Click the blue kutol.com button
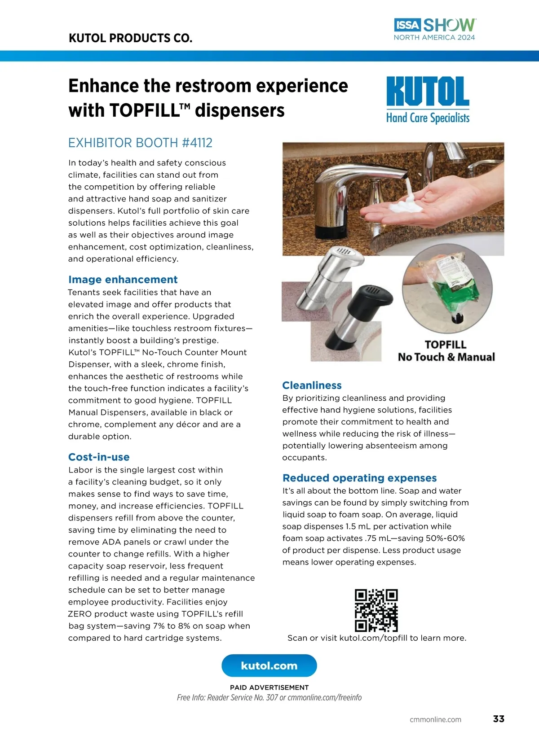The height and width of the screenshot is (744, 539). (269, 665)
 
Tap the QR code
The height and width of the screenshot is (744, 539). (376, 610)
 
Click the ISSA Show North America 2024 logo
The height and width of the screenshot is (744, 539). (435, 29)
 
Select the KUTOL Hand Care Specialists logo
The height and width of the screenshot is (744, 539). (428, 100)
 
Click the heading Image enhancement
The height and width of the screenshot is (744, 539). (123, 279)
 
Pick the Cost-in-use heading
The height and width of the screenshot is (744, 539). (99, 457)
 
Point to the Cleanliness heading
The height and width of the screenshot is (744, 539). (312, 385)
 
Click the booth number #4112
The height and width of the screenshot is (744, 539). (197, 143)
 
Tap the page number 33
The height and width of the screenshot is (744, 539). (499, 719)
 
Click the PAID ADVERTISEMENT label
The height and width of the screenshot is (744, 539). (269, 687)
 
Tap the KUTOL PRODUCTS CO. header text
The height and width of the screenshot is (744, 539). (130, 38)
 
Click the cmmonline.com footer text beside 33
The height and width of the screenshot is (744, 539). (435, 719)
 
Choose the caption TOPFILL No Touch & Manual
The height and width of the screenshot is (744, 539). (446, 350)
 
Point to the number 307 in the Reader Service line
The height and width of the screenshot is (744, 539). (272, 697)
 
